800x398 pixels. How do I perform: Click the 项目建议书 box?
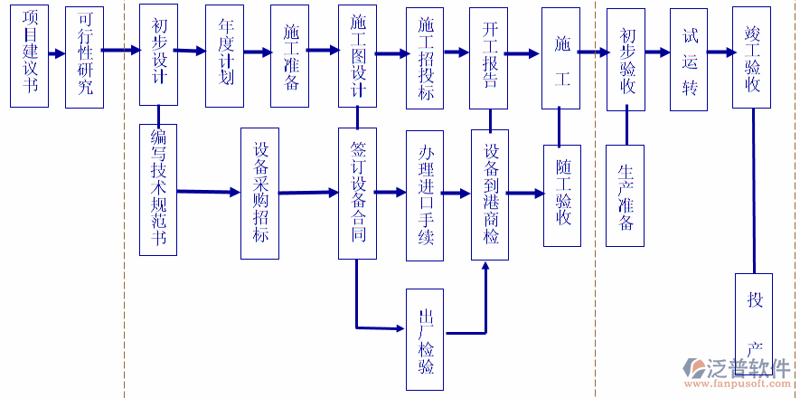point(29,57)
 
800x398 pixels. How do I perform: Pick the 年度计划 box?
point(225,55)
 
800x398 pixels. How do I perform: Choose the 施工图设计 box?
point(358,54)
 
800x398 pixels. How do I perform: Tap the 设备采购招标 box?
point(260,192)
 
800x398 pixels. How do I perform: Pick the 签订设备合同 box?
point(358,193)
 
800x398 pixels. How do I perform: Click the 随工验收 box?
point(561,195)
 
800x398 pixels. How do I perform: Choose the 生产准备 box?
point(625,195)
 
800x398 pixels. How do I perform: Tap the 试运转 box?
point(690,60)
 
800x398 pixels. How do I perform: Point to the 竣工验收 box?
point(751,57)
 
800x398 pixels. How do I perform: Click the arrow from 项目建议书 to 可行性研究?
point(57,53)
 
